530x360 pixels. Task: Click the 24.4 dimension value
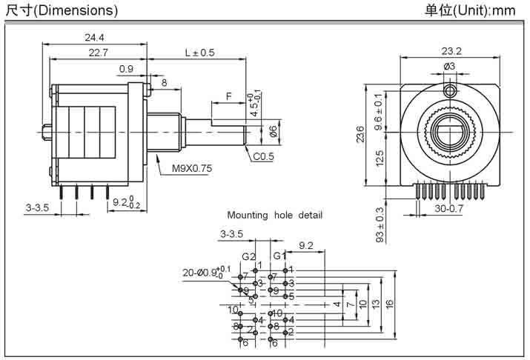[94, 36]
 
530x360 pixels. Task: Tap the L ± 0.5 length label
[199, 52]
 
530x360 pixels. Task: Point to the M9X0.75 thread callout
[192, 168]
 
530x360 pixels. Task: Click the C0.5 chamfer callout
[263, 156]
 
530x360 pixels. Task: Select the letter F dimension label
[229, 96]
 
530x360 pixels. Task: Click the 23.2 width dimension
[451, 51]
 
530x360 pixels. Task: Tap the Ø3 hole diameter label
[449, 67]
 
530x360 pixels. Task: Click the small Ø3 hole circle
[450, 90]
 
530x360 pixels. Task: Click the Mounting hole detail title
[274, 216]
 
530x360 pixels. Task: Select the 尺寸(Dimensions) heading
[62, 10]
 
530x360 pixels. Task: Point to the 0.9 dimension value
[126, 69]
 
